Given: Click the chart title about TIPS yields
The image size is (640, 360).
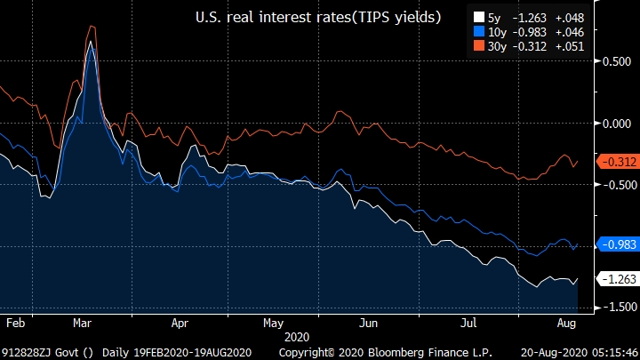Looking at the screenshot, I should point(318,17).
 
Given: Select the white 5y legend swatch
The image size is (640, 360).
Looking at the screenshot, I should point(479,17).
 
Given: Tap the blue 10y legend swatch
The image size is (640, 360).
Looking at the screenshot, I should point(479,31).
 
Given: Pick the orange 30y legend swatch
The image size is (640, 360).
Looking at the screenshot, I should point(479,46).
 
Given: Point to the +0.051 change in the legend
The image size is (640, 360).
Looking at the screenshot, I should point(569,46).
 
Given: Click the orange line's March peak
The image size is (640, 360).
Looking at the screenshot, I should point(91,27).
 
